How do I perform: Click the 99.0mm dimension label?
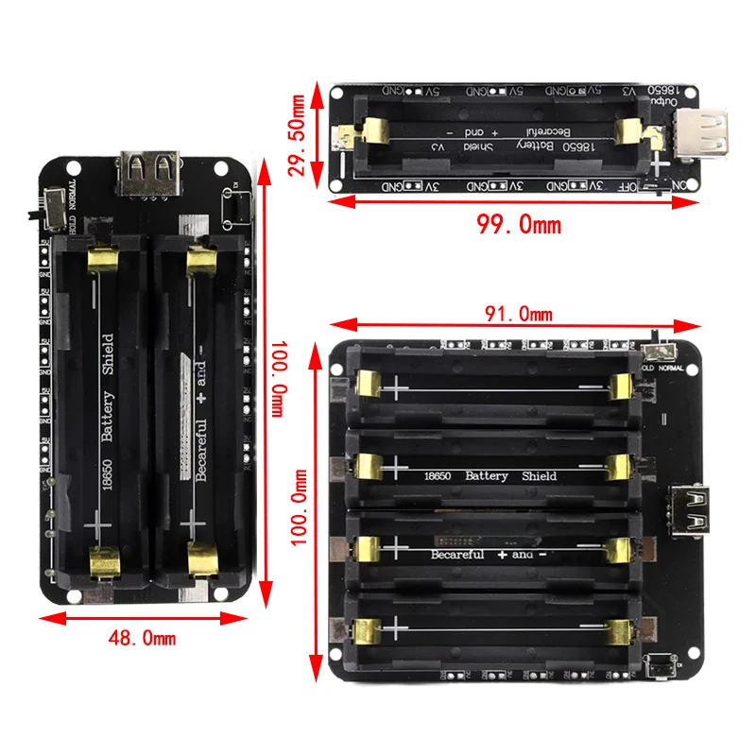(517, 224)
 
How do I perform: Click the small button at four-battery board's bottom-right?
(659, 665)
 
